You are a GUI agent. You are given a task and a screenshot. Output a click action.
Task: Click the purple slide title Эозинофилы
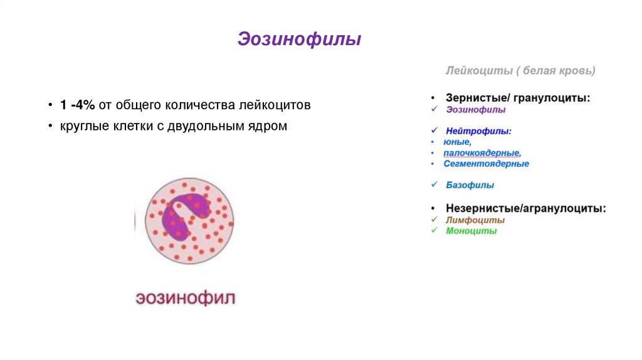point(299,40)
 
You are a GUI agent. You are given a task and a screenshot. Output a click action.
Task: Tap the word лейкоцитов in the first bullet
point(277,105)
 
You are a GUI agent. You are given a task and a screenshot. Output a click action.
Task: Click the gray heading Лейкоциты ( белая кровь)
point(520,71)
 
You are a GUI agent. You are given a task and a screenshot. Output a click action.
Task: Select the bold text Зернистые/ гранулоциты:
point(518,98)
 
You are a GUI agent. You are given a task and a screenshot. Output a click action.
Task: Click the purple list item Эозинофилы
point(476,110)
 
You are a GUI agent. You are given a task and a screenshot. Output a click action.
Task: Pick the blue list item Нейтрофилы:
point(479,132)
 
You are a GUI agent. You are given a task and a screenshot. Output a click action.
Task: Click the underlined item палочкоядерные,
point(482,153)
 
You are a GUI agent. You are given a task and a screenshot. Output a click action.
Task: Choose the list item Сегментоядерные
point(486,164)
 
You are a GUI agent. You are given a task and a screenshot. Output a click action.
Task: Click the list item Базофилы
point(470,185)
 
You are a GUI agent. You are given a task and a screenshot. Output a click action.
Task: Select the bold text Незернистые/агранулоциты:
point(525,208)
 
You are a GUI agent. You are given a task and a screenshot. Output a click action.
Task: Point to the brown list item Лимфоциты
point(475,220)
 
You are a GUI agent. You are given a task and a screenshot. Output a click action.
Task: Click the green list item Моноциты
point(471,231)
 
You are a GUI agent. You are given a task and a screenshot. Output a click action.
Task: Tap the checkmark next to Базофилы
point(434,184)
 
